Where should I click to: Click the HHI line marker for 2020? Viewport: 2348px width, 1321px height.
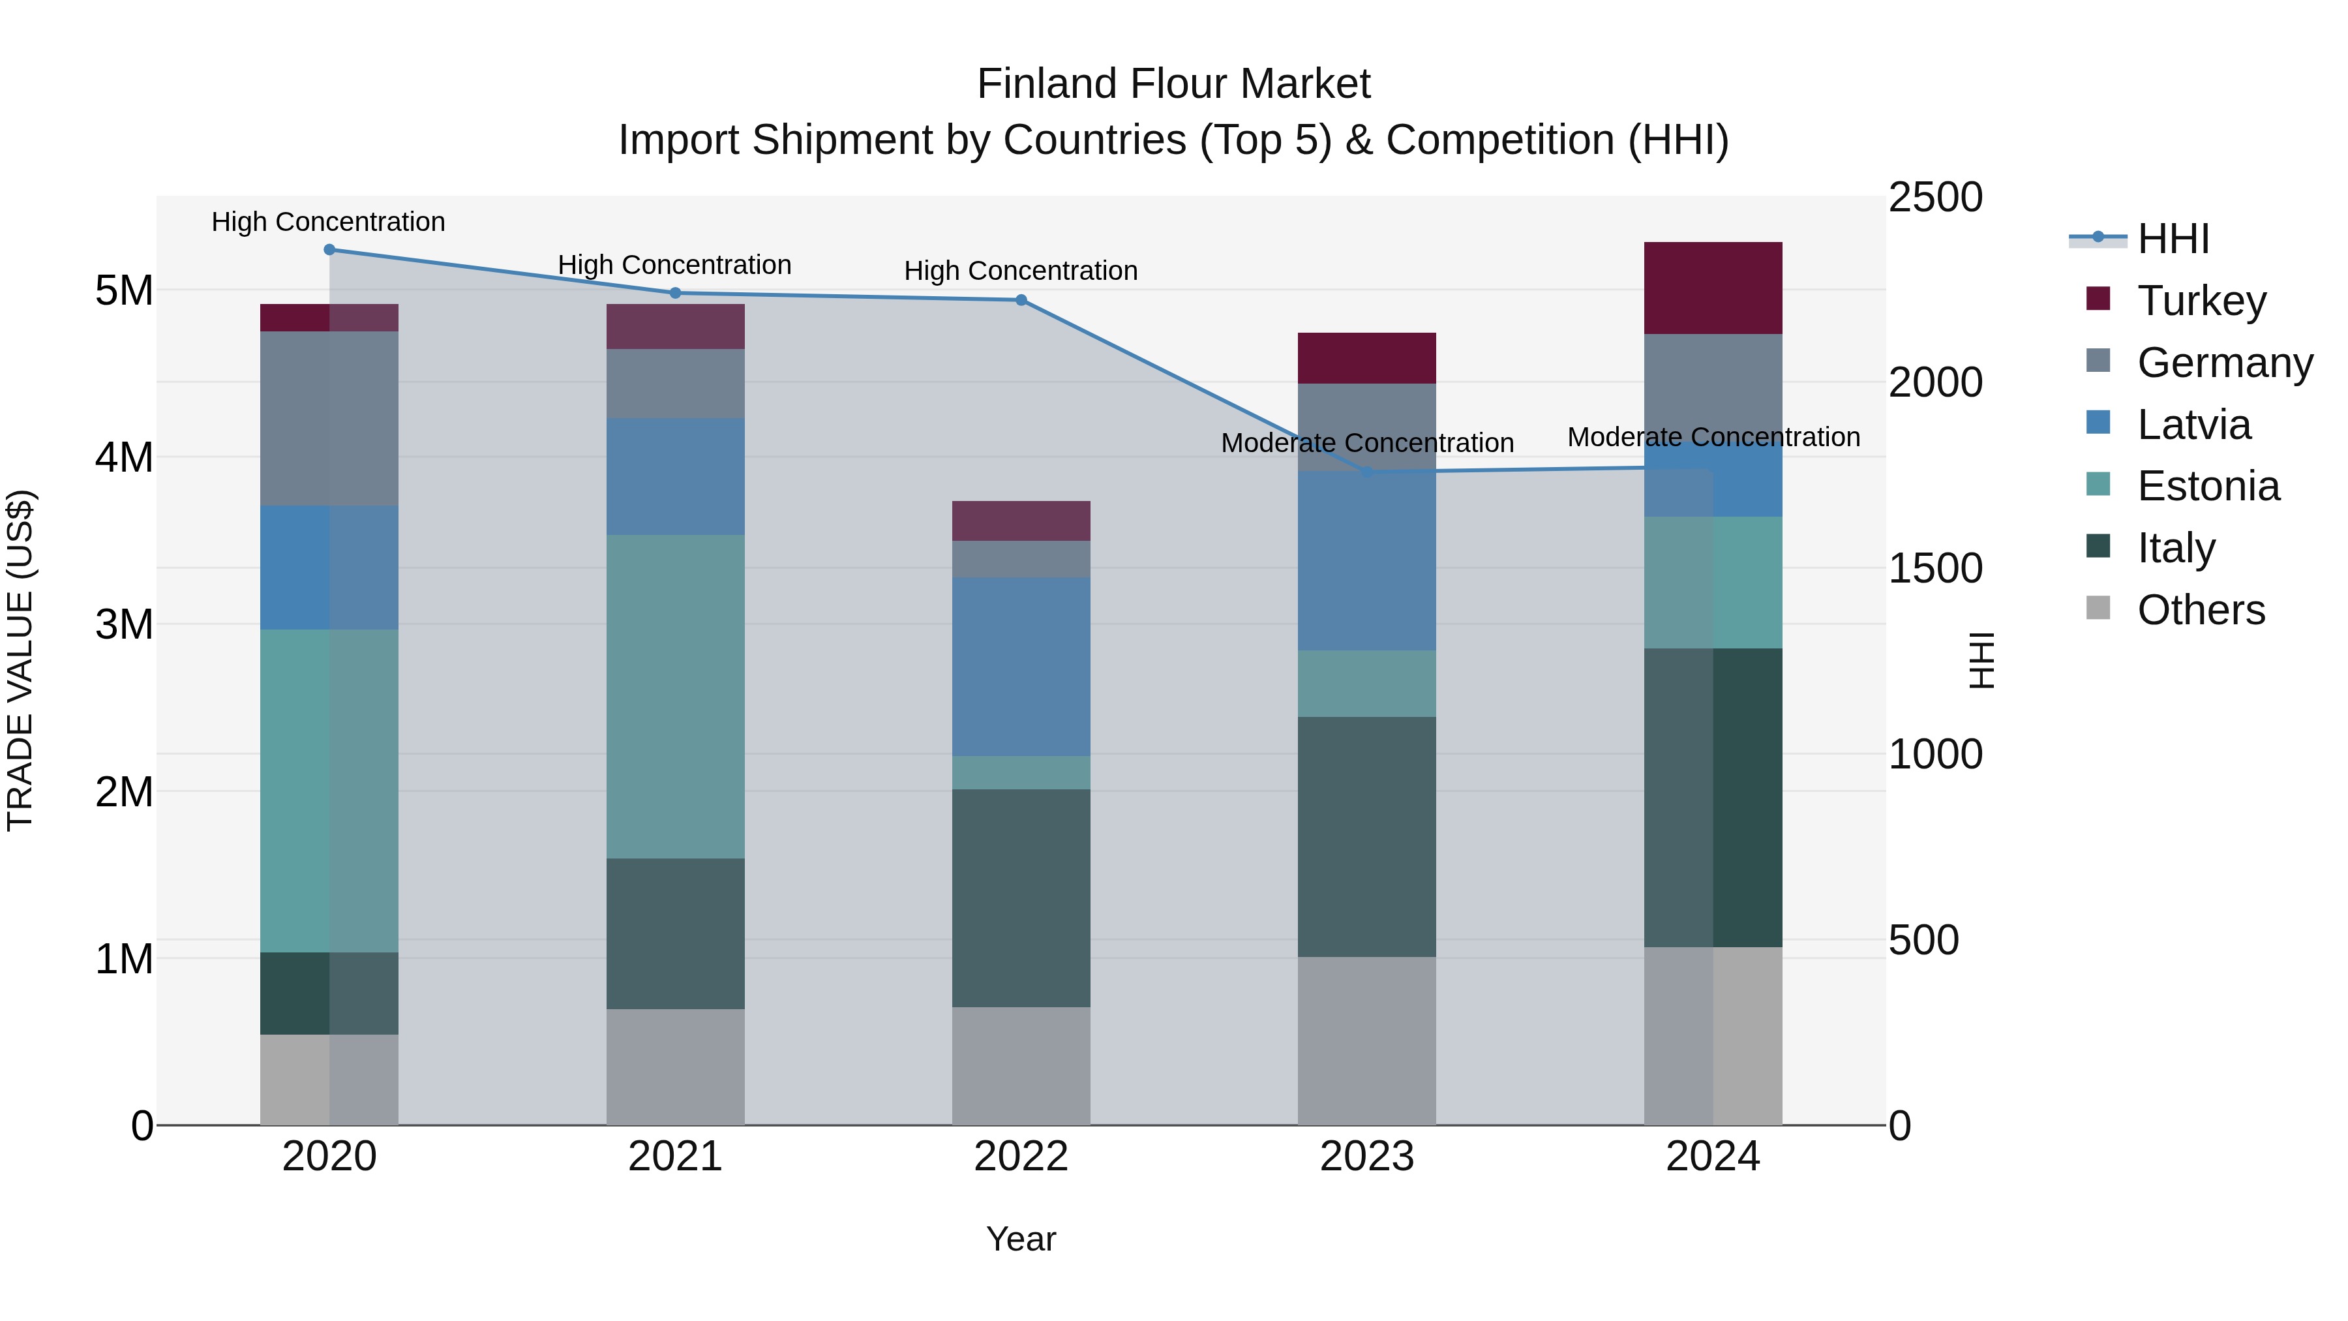point(329,250)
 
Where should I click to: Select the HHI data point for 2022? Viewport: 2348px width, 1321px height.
point(1021,300)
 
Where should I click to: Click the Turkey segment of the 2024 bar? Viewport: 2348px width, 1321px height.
point(1713,288)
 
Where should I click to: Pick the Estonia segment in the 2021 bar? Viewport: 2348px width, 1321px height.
point(676,697)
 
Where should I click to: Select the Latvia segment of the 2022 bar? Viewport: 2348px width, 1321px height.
point(1021,667)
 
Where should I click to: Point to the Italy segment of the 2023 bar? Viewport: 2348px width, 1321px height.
point(1366,836)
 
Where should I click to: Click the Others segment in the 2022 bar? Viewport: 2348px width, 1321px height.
point(1021,1066)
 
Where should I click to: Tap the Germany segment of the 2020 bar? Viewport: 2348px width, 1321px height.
point(329,418)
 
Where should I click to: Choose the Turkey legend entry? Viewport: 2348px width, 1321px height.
point(2201,301)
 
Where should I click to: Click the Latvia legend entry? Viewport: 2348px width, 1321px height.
point(2193,425)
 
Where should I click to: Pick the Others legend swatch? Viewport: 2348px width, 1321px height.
point(2098,608)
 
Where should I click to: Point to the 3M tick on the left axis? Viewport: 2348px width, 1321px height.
point(125,624)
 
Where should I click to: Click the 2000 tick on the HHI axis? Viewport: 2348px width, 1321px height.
point(1935,383)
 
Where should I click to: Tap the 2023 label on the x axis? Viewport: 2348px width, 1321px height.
point(1366,1157)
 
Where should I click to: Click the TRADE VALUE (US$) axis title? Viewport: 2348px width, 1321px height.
point(21,660)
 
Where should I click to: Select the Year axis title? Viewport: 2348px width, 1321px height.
point(1021,1239)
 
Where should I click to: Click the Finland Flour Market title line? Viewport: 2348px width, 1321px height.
point(1173,84)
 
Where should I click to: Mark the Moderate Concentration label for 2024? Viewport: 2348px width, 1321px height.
point(1713,438)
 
